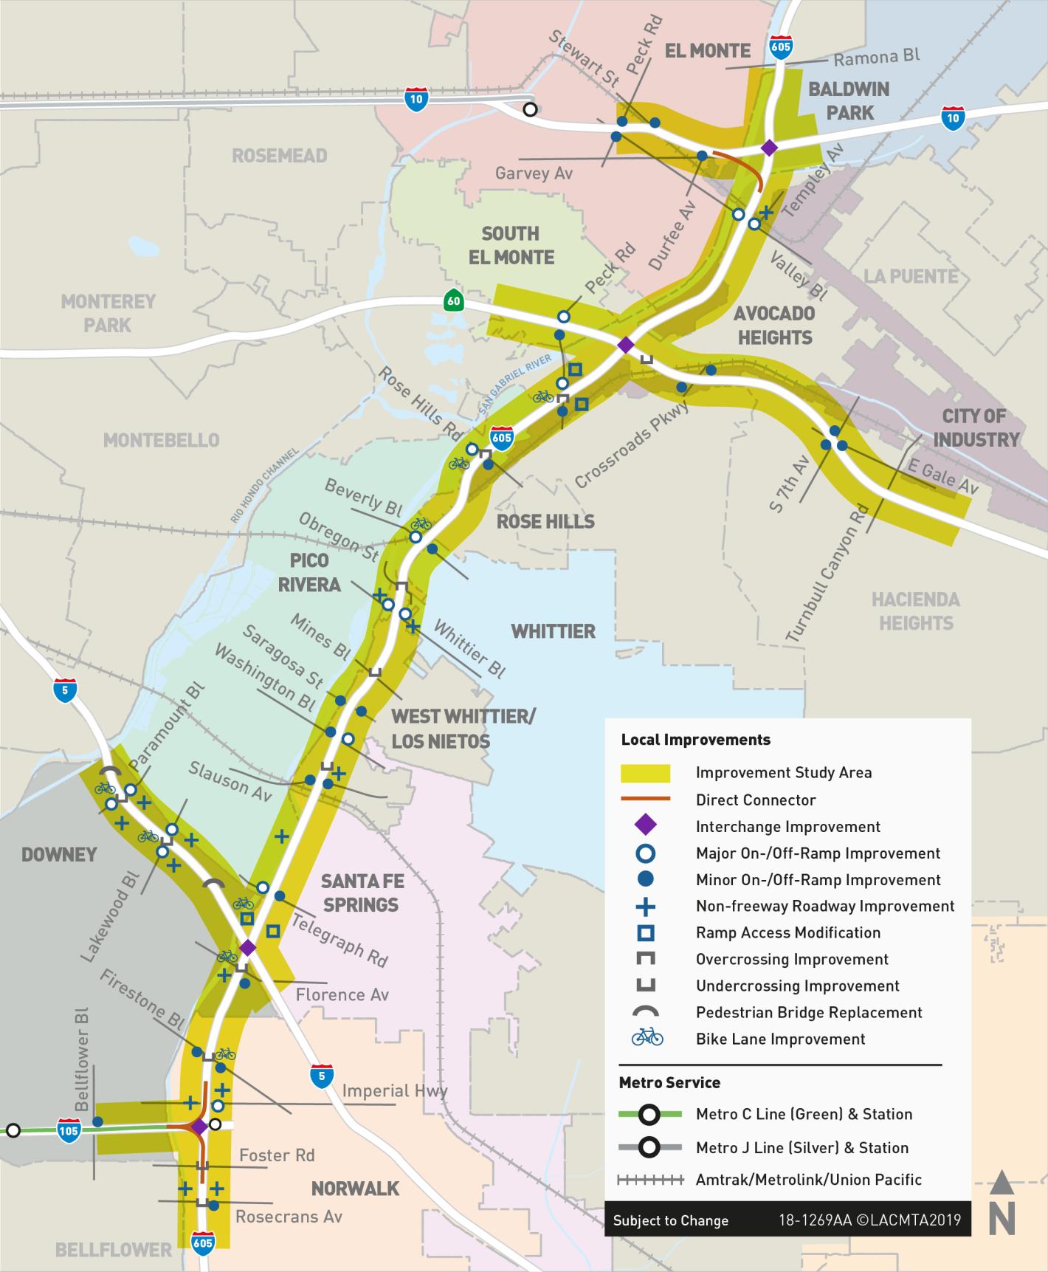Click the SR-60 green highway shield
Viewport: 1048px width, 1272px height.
point(453,301)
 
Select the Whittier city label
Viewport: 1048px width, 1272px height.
point(553,631)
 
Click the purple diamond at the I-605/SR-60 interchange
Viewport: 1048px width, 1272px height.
point(625,345)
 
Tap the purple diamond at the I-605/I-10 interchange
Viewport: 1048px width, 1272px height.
point(769,148)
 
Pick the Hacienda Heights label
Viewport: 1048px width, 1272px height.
point(915,611)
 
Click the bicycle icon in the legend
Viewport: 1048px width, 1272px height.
point(647,1038)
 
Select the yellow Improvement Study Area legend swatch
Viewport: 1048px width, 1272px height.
point(646,773)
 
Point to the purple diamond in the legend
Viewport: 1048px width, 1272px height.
point(646,826)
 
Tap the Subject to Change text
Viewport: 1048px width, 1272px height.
point(670,1220)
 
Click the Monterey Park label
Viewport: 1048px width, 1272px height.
point(108,313)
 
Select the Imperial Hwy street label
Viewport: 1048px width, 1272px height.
point(395,1091)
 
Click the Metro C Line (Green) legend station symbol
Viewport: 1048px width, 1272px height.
point(649,1114)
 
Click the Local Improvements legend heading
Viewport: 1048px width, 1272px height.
point(695,740)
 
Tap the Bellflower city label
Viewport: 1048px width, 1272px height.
point(113,1249)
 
